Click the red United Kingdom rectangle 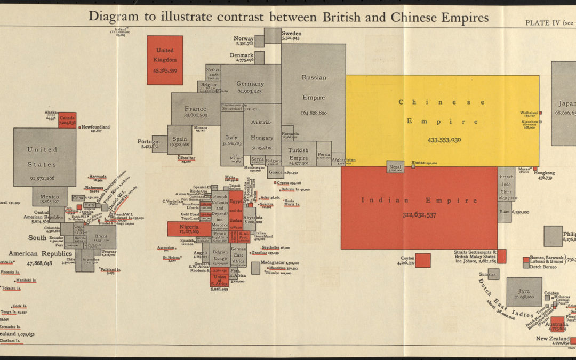(x=165, y=60)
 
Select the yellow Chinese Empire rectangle (x=442, y=120)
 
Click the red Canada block (x=67, y=120)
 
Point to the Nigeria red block (x=189, y=229)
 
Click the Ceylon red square (x=422, y=260)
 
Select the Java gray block (x=524, y=291)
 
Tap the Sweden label (x=291, y=33)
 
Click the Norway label (x=243, y=38)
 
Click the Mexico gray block (x=50, y=197)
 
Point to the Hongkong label (x=543, y=173)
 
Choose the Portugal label (x=148, y=141)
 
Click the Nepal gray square (x=395, y=167)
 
